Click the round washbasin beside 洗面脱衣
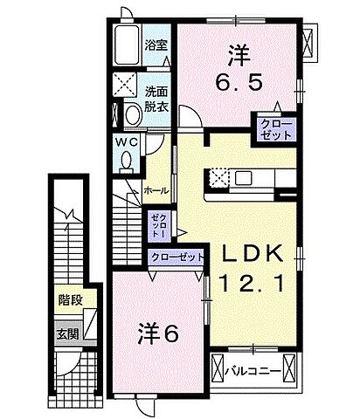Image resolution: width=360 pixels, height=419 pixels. coord(132,113)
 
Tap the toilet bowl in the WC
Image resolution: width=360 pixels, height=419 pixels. coord(127,161)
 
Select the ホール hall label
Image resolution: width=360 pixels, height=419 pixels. coord(156,189)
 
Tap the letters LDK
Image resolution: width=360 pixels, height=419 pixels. coord(251,254)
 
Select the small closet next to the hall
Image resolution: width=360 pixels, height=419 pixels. coord(157,225)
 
